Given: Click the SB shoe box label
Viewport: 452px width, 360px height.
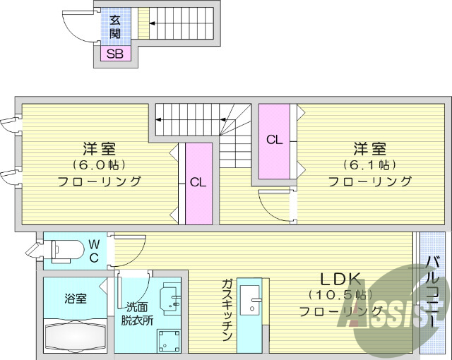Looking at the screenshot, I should click(x=114, y=54).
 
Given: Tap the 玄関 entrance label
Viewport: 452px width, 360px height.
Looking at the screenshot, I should click(x=114, y=27).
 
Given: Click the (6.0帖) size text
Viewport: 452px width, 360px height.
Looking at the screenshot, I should click(x=100, y=165).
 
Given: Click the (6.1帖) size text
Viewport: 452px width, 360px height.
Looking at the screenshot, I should click(x=370, y=165).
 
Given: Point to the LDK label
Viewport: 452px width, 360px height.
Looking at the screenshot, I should click(x=331, y=277).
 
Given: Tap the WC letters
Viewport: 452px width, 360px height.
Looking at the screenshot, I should click(x=94, y=251).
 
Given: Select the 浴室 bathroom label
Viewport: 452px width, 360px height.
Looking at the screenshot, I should click(x=76, y=298).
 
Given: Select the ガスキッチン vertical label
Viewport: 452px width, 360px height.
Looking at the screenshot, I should click(x=227, y=310).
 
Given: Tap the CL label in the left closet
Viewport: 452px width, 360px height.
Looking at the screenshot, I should click(x=198, y=182).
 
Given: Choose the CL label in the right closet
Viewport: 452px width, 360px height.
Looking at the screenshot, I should click(x=274, y=140).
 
